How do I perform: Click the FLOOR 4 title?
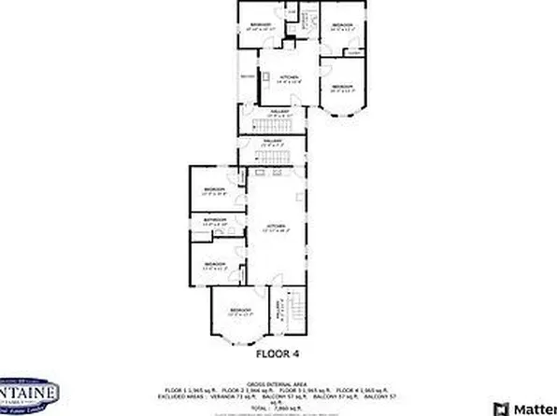[278, 354]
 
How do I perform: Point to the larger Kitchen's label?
[276, 227]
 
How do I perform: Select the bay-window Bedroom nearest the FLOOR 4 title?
[240, 311]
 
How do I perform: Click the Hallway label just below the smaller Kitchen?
[278, 112]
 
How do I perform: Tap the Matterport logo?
[529, 408]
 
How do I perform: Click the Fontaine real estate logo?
[28, 396]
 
